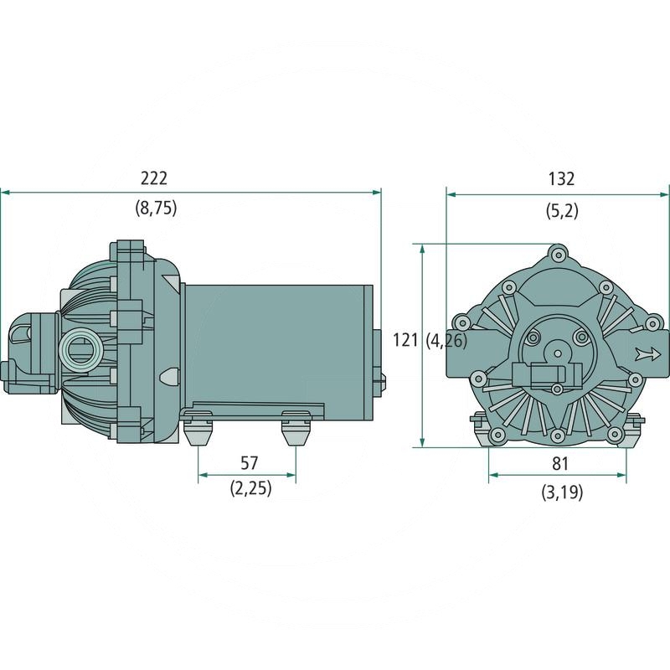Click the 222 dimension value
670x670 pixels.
[x=154, y=178]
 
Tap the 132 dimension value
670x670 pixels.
[x=561, y=178]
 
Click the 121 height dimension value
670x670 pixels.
[x=405, y=340]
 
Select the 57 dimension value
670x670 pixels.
[x=249, y=461]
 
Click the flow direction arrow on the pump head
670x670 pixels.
[x=647, y=353]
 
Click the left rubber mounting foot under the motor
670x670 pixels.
[x=198, y=432]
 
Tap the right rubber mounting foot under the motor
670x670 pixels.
[x=296, y=432]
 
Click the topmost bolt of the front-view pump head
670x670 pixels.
[x=559, y=252]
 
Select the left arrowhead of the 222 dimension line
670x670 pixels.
[x=5, y=193]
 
